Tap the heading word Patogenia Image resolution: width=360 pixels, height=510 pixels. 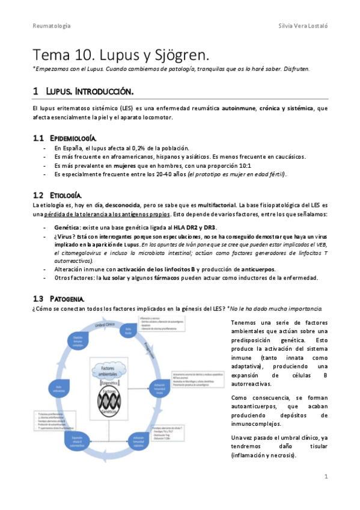[x=67, y=298]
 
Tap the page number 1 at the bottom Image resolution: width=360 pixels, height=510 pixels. [x=325, y=476]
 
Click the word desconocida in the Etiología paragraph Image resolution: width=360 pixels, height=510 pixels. [x=123, y=206]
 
